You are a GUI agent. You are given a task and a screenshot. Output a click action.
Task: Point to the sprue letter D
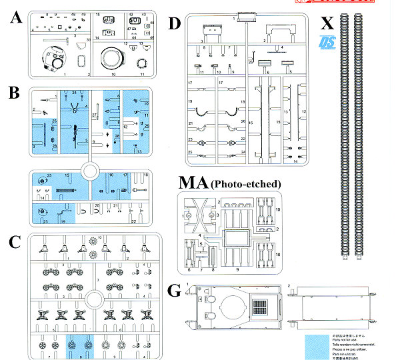(175, 24)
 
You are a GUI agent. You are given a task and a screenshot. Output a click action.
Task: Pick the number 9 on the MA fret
(234, 268)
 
